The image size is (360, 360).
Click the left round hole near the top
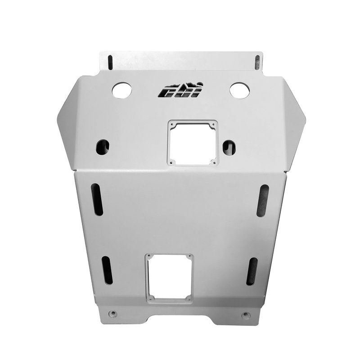[121, 91]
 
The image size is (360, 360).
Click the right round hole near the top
[239, 90]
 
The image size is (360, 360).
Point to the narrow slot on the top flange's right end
[257, 62]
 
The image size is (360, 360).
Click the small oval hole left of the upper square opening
[102, 146]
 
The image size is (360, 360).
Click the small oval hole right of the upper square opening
[229, 146]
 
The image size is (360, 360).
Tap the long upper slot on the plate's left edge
[97, 199]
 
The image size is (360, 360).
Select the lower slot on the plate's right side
[252, 271]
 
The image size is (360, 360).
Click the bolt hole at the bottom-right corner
[245, 315]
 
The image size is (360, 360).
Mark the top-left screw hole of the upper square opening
[171, 123]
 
